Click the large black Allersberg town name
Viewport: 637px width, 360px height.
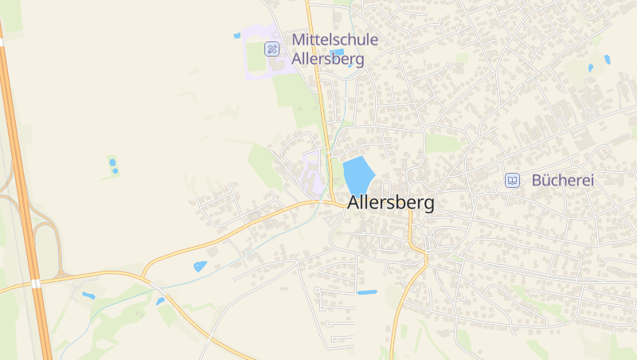pos(391,203)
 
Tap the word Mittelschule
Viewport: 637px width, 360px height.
pos(334,39)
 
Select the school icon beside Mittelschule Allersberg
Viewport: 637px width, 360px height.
pos(272,49)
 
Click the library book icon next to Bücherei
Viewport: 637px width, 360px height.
pos(512,181)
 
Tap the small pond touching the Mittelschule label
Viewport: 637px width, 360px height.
pos(338,53)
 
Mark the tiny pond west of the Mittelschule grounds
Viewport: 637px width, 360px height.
pos(236,35)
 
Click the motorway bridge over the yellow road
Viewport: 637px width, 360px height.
pos(36,283)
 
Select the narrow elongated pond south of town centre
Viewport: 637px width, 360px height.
pos(367,292)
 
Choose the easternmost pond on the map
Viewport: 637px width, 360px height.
pos(607,59)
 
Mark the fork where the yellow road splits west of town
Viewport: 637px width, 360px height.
pos(143,276)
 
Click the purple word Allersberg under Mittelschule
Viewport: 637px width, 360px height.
pos(328,58)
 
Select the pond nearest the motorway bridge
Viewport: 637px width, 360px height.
pos(88,295)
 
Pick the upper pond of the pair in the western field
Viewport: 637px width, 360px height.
pos(111,162)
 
